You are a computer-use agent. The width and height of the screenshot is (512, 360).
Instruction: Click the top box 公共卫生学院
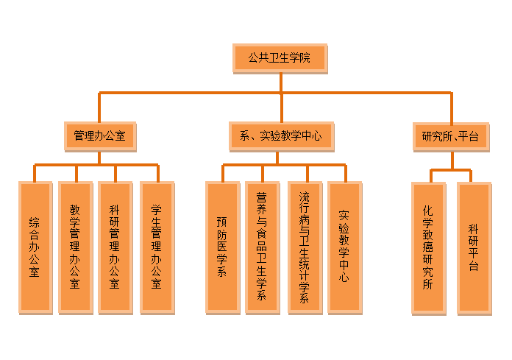click(x=280, y=59)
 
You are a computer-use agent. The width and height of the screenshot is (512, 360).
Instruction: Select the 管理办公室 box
click(x=99, y=136)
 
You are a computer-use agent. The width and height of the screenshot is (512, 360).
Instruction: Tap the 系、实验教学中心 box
click(x=280, y=136)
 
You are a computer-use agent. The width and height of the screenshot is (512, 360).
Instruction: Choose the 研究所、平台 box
click(x=450, y=136)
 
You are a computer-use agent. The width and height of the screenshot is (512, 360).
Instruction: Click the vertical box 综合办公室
click(x=35, y=247)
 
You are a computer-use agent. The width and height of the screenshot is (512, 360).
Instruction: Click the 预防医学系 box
click(x=221, y=247)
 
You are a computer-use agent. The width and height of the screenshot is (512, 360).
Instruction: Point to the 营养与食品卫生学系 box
click(x=262, y=247)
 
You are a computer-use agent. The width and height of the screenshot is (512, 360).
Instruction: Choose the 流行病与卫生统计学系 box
click(x=305, y=247)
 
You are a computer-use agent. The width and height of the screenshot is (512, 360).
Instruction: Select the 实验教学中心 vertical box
click(x=344, y=247)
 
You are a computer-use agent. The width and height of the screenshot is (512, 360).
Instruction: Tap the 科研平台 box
click(x=473, y=247)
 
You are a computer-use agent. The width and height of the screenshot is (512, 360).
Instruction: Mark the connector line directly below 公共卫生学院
click(x=280, y=82)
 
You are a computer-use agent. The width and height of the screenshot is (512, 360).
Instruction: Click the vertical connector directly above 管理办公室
click(x=99, y=107)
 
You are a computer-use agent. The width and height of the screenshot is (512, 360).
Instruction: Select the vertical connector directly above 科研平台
click(x=472, y=176)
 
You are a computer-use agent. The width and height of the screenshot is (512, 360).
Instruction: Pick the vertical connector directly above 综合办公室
click(x=35, y=173)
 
